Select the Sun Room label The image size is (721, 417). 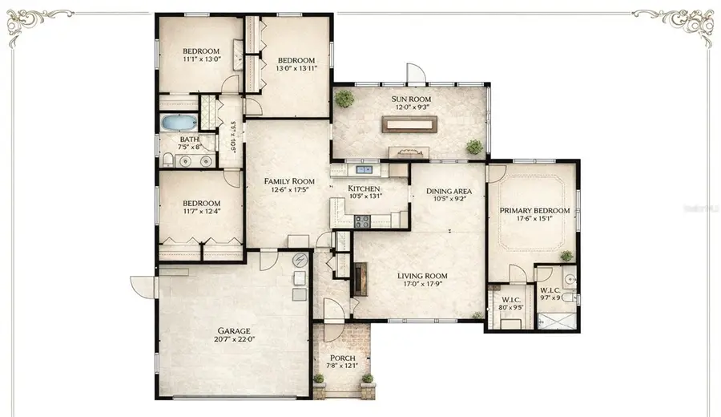(x=411, y=99)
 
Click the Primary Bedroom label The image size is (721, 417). (x=534, y=211)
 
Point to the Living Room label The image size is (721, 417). (x=421, y=275)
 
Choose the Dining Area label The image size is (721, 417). (x=449, y=191)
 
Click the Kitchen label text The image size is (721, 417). (x=364, y=188)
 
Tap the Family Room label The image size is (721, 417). (x=287, y=182)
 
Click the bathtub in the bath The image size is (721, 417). (x=178, y=123)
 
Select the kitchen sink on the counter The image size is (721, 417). (x=367, y=170)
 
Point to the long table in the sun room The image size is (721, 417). (x=409, y=123)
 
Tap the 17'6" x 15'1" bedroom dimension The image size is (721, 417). (x=534, y=221)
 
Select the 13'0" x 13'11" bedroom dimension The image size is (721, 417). (x=296, y=69)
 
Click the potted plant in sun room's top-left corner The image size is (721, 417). (x=345, y=98)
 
